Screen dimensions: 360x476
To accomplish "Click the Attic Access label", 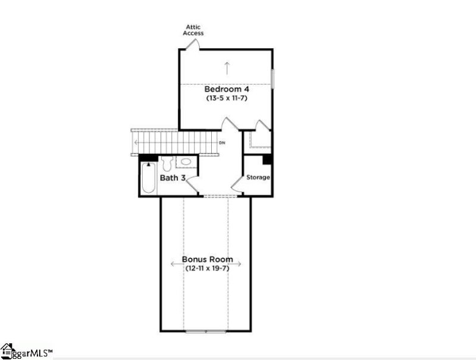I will click(195, 30).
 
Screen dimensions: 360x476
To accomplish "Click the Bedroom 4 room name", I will click(226, 89).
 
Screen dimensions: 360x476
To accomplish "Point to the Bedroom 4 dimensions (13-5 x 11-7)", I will click(226, 98).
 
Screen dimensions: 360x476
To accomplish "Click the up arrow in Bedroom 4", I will click(227, 65).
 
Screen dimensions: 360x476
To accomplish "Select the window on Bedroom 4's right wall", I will click(273, 79).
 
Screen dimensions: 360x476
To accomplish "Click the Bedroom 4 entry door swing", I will click(228, 124).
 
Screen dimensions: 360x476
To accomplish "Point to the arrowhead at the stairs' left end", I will click(137, 143).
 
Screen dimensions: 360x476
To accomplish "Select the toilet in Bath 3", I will click(167, 163).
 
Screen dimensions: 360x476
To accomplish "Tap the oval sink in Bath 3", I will click(186, 161).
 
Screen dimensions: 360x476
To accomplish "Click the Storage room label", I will click(258, 177).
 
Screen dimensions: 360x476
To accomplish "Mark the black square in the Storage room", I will click(267, 159).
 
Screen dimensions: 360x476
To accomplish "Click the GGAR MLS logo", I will click(27, 351).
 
